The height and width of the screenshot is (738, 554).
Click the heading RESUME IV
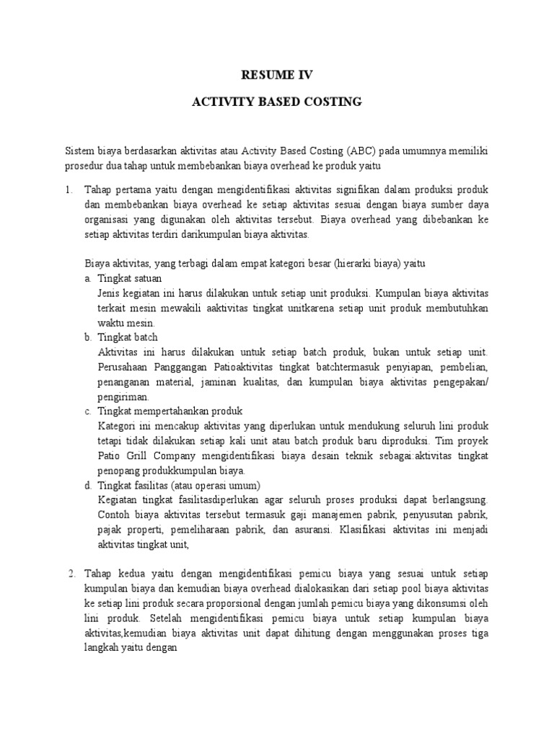[x=276, y=74]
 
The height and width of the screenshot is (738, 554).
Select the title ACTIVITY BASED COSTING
[x=276, y=102]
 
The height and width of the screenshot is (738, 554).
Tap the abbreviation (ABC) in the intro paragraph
[x=363, y=151]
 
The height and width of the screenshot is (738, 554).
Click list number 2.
[x=71, y=574]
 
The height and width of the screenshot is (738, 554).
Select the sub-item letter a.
[x=88, y=278]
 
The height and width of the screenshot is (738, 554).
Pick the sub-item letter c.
[x=88, y=411]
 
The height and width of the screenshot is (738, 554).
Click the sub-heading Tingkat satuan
[x=130, y=278]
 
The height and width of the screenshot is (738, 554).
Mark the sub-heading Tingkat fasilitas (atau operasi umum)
[x=179, y=485]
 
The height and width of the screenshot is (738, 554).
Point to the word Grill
[x=135, y=455]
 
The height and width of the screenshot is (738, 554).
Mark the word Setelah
[x=170, y=618]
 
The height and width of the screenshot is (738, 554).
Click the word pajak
[x=110, y=530]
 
